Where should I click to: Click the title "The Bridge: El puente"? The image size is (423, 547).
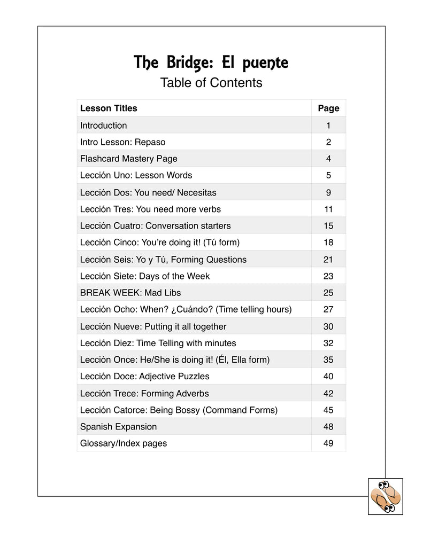[211, 63]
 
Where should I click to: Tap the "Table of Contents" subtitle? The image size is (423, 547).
[211, 83]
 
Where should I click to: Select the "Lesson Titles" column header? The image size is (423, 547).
[109, 108]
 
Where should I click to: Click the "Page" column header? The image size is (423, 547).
[328, 108]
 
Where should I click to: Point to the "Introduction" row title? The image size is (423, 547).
[104, 126]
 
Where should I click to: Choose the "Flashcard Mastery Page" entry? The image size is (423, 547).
[129, 159]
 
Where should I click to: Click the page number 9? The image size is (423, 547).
[328, 192]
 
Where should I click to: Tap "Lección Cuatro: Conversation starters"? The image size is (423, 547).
[156, 226]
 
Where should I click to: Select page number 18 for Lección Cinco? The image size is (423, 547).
[328, 243]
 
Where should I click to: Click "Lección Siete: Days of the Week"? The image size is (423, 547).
[145, 276]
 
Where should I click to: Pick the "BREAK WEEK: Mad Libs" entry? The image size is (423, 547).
[130, 293]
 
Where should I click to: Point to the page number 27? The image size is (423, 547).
[328, 310]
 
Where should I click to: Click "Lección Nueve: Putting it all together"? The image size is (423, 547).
[153, 326]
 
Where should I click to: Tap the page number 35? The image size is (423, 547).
[328, 360]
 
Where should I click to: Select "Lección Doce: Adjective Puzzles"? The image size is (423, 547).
[145, 377]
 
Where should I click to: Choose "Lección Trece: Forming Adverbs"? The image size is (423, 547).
[144, 394]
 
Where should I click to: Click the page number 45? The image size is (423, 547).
[328, 410]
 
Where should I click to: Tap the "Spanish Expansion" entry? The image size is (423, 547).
[119, 427]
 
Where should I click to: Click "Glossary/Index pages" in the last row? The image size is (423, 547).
[124, 443]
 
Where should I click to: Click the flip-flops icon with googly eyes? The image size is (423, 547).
[386, 496]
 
